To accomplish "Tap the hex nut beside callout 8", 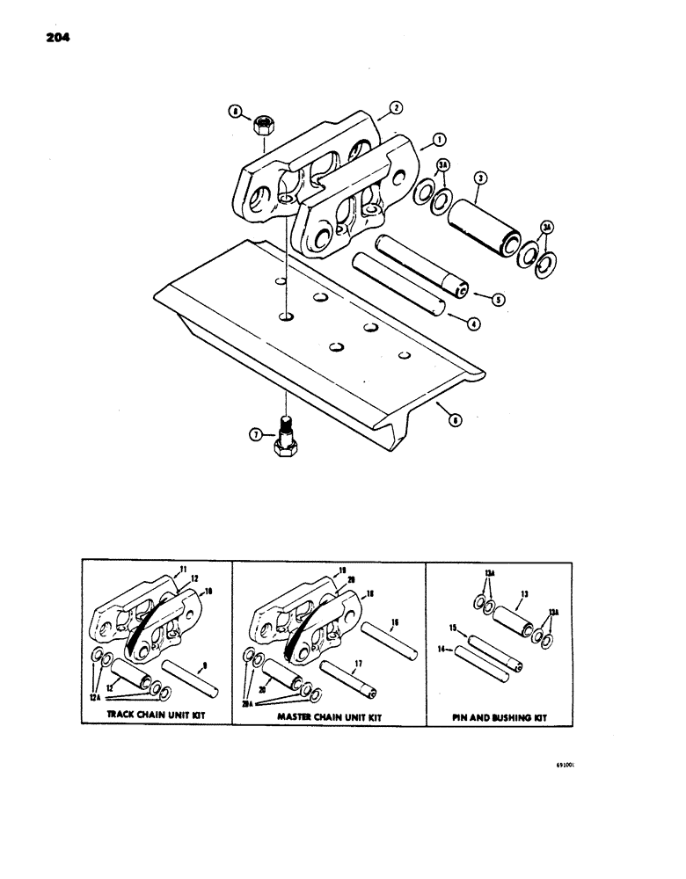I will [x=260, y=127].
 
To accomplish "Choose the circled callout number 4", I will [x=473, y=323].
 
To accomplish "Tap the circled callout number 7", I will [x=255, y=432].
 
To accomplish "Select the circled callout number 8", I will [x=234, y=112].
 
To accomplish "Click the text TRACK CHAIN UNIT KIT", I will [x=156, y=716].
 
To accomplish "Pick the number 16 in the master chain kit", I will [x=395, y=621].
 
